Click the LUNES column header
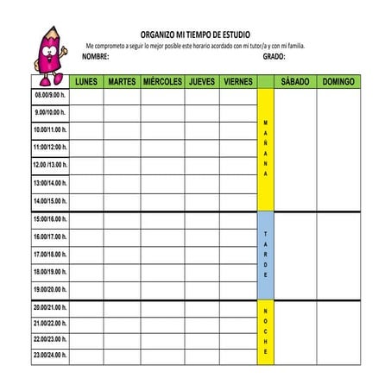tap(86, 82)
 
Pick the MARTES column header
tap(122, 82)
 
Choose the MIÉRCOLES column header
tap(162, 82)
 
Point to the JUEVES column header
tap(202, 82)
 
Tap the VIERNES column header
tap(237, 82)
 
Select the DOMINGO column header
tap(338, 82)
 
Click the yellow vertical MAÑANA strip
tap(266, 149)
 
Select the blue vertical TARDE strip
tap(266, 255)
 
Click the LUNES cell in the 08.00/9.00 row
tap(86, 95)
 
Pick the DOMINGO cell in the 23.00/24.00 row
tap(338, 355)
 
